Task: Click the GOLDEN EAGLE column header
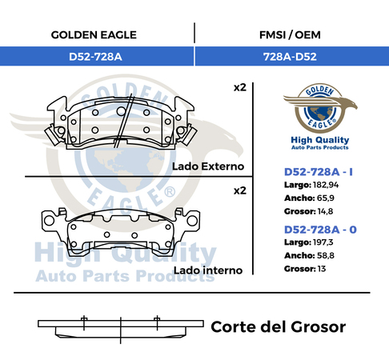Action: click(x=94, y=35)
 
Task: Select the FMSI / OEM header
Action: click(x=290, y=35)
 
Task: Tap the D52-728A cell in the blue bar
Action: click(x=95, y=57)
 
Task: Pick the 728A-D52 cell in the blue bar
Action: click(x=290, y=57)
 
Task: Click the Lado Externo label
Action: click(x=208, y=166)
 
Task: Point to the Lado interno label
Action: click(x=208, y=270)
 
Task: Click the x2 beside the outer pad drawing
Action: click(x=240, y=87)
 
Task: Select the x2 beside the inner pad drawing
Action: click(x=240, y=190)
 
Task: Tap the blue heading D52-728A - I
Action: click(x=319, y=172)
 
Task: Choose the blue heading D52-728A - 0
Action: click(x=320, y=230)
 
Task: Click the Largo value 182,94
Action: click(x=326, y=185)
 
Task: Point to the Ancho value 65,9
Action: click(x=326, y=198)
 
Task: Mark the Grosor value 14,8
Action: click(x=325, y=211)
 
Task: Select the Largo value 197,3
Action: click(x=323, y=242)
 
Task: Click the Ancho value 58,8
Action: click(x=326, y=255)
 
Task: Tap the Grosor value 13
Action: click(x=322, y=269)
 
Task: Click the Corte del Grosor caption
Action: click(x=279, y=327)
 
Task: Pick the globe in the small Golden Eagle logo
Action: click(x=320, y=113)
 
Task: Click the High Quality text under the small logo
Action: click(x=320, y=140)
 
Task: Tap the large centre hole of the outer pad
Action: click(x=121, y=111)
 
